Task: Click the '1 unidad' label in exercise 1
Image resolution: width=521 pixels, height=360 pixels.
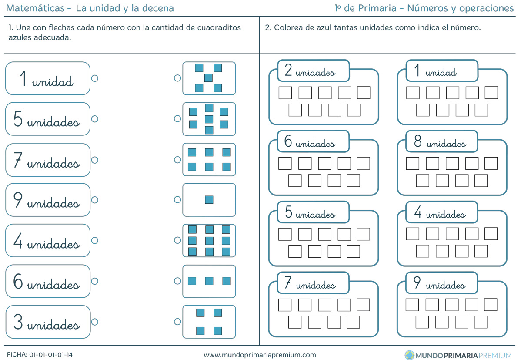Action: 48,78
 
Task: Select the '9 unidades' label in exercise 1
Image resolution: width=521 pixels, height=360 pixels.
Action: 48,200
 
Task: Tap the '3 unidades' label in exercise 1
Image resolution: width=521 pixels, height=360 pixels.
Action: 48,322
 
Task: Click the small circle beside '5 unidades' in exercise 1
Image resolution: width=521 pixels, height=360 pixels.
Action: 95,119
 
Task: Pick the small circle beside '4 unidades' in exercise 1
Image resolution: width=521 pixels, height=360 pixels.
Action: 95,240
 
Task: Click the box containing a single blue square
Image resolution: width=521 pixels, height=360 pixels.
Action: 209,200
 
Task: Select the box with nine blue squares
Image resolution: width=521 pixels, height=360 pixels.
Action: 209,240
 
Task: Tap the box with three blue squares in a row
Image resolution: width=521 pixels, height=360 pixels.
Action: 209,281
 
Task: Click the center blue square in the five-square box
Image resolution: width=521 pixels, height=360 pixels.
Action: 208,78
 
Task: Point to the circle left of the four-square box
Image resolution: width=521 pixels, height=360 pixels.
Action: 177,322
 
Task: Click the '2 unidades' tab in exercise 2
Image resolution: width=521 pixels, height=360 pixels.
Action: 313,71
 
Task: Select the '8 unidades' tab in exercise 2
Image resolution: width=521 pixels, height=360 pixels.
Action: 441,141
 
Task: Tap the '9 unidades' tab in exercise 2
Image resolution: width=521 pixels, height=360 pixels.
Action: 441,283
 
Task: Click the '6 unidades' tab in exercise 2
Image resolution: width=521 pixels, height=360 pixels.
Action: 313,141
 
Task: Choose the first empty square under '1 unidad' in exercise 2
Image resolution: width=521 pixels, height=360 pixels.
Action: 413,93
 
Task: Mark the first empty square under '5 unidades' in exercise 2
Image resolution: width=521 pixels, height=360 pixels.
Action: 285,234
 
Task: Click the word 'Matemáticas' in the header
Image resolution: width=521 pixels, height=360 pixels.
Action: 35,8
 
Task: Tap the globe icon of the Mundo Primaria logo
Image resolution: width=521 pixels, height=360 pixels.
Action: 409,355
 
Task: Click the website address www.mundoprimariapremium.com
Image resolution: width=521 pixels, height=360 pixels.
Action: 260,355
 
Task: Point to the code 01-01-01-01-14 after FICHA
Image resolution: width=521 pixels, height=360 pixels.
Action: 51,355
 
